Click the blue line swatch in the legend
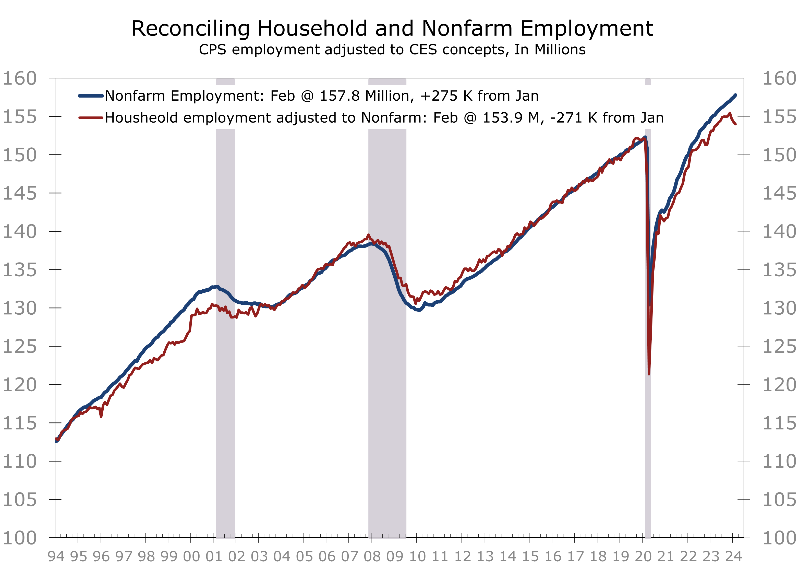pos(91,96)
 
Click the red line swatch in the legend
pos(91,118)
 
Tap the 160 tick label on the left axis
pos(20,78)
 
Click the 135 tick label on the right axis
pos(779,270)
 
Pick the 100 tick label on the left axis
pos(20,538)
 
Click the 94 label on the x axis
pos(56,557)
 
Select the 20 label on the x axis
pos(643,557)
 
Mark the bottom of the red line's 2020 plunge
pos(649,374)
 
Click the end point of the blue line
pos(736,95)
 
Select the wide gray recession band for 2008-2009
pos(387,388)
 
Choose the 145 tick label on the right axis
pos(779,193)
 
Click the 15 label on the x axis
pos(530,557)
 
